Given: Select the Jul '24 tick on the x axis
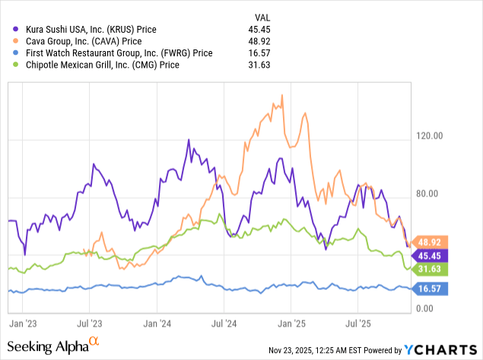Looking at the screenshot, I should click(x=224, y=322).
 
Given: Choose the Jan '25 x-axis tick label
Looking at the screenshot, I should click(x=291, y=322).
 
